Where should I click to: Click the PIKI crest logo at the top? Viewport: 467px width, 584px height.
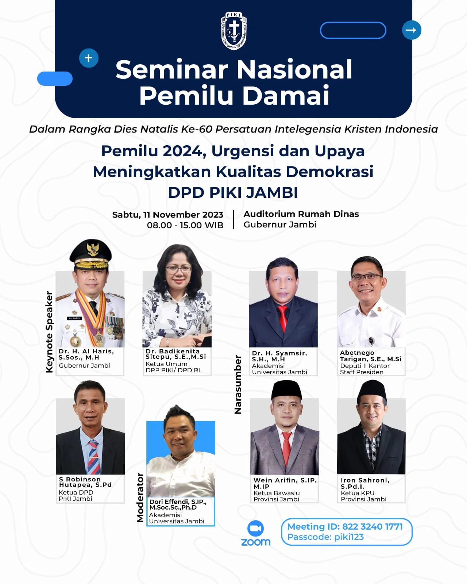click(233, 31)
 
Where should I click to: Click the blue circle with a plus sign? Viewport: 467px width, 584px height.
click(89, 58)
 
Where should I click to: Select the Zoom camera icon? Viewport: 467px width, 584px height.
click(255, 528)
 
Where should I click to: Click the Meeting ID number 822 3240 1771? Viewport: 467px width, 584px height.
click(372, 526)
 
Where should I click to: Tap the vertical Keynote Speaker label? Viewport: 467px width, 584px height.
click(49, 332)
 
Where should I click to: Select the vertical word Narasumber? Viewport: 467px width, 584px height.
click(238, 385)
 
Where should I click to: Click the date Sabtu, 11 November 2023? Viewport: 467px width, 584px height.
click(168, 215)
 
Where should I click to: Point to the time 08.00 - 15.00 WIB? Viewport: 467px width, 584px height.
click(185, 225)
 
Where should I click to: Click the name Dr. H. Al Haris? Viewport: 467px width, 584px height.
click(86, 351)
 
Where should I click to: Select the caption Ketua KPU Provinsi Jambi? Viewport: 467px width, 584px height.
click(363, 496)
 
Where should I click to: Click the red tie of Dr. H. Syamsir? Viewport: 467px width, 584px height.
click(282, 318)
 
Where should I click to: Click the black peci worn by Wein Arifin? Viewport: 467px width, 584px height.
click(286, 390)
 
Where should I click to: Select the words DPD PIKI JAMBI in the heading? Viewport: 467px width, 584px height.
click(233, 193)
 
